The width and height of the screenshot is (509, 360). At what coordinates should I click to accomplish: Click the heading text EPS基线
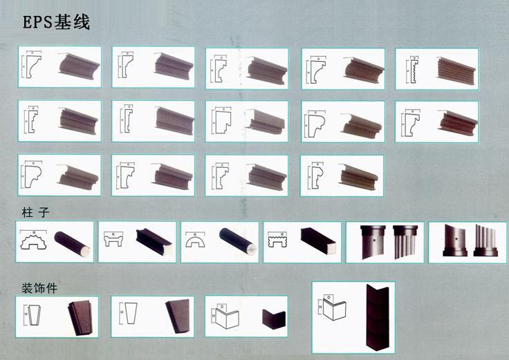57,22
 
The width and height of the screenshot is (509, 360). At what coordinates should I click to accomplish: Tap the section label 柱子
35,212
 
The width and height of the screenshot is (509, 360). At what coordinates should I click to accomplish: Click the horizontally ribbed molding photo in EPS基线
456,68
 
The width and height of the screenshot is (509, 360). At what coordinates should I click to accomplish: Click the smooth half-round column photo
237,242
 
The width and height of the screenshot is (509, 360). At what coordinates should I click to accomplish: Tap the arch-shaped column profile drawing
199,242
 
